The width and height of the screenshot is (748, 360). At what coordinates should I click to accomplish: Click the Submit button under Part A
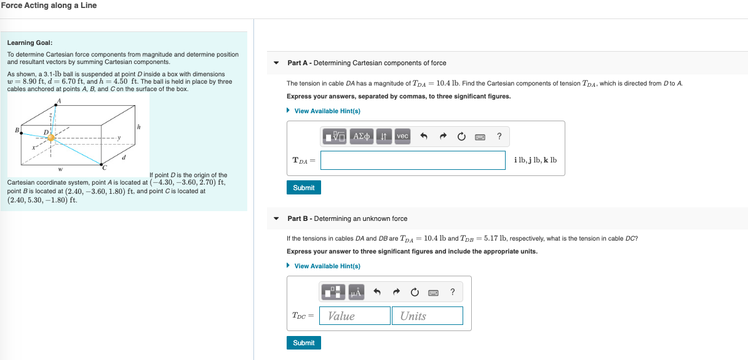click(303, 188)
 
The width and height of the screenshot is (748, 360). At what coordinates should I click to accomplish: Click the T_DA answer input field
click(413, 161)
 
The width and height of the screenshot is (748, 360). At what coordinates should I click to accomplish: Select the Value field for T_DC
click(355, 316)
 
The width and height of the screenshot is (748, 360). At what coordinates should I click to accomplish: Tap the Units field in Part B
click(427, 316)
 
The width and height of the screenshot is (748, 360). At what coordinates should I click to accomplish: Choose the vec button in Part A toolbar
click(402, 136)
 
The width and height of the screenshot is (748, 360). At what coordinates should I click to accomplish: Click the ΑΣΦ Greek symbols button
click(362, 136)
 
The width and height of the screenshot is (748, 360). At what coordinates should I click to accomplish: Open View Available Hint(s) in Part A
click(327, 111)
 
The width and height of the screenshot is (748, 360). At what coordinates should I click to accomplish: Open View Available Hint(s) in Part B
click(327, 266)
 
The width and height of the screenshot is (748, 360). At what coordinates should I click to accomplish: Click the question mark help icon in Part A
click(499, 136)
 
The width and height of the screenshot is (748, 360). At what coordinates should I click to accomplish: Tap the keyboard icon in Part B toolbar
click(433, 292)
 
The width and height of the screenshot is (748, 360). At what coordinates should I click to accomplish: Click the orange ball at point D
click(51, 137)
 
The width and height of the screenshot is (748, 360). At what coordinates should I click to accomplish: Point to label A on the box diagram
click(60, 101)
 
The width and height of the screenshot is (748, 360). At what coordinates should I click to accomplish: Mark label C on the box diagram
click(104, 167)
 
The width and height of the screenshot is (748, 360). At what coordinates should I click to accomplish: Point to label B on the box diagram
click(17, 130)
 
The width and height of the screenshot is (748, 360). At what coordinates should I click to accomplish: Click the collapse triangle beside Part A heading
click(276, 63)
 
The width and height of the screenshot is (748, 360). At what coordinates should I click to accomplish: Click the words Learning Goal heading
click(30, 42)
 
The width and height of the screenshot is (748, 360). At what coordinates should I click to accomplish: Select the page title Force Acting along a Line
click(49, 6)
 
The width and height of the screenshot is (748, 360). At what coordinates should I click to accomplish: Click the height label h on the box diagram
click(139, 127)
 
